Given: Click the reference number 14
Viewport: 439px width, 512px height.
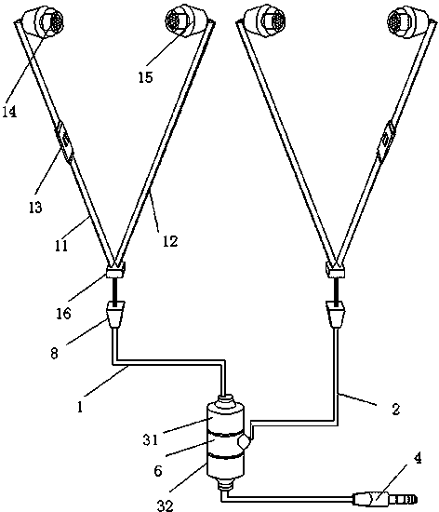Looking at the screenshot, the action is [x=9, y=112].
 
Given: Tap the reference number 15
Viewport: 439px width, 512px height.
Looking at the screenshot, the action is [x=145, y=77].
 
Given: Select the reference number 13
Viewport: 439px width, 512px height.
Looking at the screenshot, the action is [x=35, y=207].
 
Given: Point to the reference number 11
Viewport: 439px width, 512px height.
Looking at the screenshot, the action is [x=61, y=246].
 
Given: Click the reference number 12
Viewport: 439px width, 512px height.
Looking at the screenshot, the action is [x=170, y=241].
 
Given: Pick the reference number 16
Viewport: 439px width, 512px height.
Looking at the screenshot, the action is [x=63, y=314].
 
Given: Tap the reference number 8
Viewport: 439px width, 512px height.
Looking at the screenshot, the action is [x=55, y=354].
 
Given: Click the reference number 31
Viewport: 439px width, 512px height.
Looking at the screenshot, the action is [x=151, y=439].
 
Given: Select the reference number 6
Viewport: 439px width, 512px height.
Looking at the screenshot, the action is [x=158, y=471].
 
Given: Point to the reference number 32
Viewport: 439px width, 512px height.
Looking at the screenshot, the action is [x=165, y=505].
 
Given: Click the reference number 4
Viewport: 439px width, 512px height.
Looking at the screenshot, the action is [x=418, y=458].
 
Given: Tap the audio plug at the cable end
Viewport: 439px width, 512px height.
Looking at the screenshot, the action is [x=385, y=499].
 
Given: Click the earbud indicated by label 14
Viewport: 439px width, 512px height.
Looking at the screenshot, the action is [x=43, y=21].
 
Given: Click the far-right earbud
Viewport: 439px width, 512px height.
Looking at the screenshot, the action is [x=407, y=21].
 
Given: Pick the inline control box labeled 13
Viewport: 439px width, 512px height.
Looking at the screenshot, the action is [x=64, y=141].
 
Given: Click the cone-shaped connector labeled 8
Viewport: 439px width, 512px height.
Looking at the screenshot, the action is [x=115, y=315].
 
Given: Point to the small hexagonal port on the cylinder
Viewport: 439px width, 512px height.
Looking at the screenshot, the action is [x=244, y=443].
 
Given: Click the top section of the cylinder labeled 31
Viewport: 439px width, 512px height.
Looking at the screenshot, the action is [x=225, y=420].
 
